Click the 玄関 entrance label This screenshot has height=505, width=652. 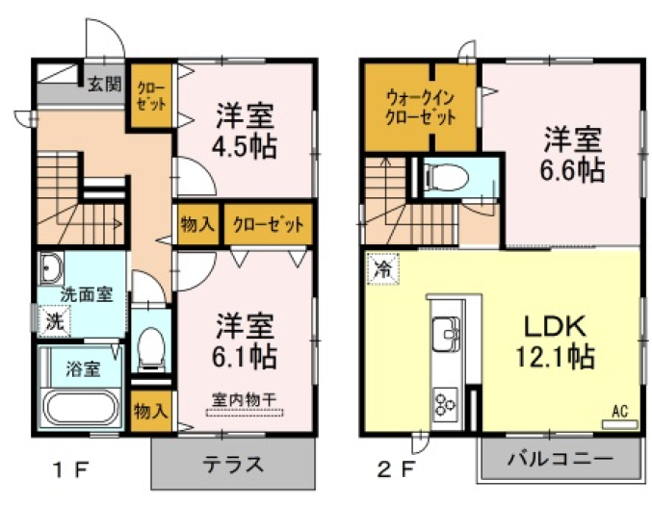click(x=104, y=85)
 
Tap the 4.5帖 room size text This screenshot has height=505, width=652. click(x=245, y=146)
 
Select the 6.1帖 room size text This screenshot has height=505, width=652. click(x=245, y=356)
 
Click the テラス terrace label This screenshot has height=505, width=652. click(x=233, y=464)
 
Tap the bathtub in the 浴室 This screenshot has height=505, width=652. click(x=82, y=408)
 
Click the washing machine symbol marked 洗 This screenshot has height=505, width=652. click(x=54, y=321)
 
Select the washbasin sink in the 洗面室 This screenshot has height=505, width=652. click(x=51, y=267)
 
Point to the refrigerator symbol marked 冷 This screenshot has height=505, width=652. click(x=382, y=269)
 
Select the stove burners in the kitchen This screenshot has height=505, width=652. click(x=445, y=404)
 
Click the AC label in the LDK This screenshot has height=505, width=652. click(x=619, y=412)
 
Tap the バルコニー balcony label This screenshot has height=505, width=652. click(x=561, y=459)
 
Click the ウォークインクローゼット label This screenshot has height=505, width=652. click(x=421, y=109)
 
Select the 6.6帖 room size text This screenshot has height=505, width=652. click(x=573, y=170)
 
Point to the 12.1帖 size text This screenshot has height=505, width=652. click(x=555, y=357)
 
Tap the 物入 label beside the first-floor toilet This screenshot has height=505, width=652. click(x=151, y=411)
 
